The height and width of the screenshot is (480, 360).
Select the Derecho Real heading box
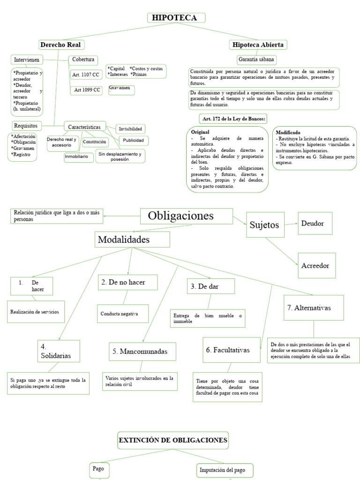[x=61, y=45]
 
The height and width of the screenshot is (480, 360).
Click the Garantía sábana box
[x=257, y=60]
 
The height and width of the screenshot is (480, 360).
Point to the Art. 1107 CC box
[x=85, y=75]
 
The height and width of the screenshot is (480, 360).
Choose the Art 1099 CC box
[x=86, y=90]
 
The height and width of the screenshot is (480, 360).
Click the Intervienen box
[x=27, y=60]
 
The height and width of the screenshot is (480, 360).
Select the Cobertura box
[x=83, y=60]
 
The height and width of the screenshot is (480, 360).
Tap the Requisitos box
[x=26, y=126]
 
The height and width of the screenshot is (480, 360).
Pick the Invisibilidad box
[x=131, y=128]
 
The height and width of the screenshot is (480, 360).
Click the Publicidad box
[x=133, y=140]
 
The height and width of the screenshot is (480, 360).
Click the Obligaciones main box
[x=186, y=217]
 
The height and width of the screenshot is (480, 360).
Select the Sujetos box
[x=265, y=225]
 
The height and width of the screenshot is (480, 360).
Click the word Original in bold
[x=200, y=132]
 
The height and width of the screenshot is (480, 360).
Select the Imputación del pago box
[x=225, y=470]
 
